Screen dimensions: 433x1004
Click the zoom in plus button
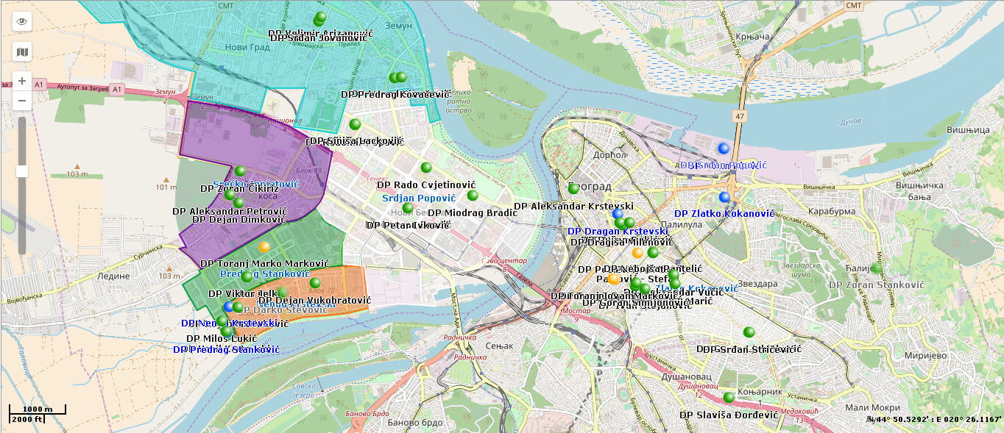coord(22,81)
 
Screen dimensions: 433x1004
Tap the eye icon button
coord(22,21)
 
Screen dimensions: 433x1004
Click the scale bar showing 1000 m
coord(38,409)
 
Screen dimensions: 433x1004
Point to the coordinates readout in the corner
coord(934,419)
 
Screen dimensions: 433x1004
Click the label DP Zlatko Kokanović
coord(724,213)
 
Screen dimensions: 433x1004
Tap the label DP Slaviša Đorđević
coord(729,415)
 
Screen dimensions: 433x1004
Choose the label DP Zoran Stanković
coord(876,285)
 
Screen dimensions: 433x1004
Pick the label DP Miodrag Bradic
coord(473,213)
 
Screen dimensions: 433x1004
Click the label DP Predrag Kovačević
coord(395,95)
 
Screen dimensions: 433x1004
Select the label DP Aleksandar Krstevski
coord(573,207)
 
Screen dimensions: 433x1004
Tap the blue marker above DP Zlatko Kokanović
coord(724,197)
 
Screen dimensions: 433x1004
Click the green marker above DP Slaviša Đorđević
coord(729,398)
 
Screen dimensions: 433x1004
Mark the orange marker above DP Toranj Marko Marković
coord(264,246)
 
